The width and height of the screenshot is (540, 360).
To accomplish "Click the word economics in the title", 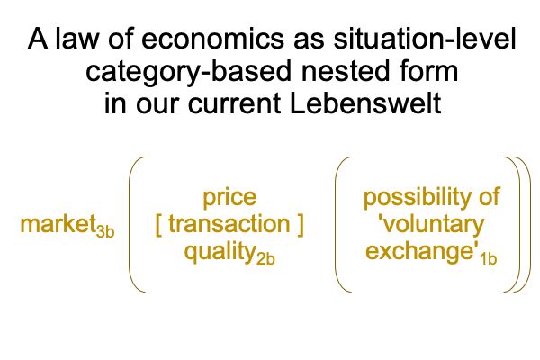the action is pyautogui.click(x=212, y=39).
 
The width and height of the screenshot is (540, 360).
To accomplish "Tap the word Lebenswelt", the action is pyautogui.click(x=365, y=103).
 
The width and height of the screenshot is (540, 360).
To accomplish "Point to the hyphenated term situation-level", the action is pyautogui.click(x=425, y=39).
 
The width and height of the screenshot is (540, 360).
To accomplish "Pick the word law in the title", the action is pyautogui.click(x=76, y=39).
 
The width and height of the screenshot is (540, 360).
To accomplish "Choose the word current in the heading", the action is pyautogui.click(x=234, y=103).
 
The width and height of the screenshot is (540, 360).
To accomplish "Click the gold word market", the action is pyautogui.click(x=58, y=224).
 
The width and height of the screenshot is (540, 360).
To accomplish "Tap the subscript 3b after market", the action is pyautogui.click(x=105, y=231).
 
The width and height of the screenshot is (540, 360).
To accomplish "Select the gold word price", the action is pyautogui.click(x=229, y=198).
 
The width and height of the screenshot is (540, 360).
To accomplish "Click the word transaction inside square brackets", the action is pyautogui.click(x=229, y=224).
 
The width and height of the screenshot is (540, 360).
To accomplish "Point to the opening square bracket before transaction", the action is pyautogui.click(x=158, y=225).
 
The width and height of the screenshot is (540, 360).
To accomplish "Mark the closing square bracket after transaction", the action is pyautogui.click(x=301, y=225).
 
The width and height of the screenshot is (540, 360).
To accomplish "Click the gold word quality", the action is pyautogui.click(x=220, y=253).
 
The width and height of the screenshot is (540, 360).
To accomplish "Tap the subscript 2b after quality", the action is pyautogui.click(x=265, y=258).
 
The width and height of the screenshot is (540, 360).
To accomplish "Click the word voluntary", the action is pyautogui.click(x=434, y=225).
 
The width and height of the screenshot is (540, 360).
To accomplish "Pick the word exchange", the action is pyautogui.click(x=420, y=251).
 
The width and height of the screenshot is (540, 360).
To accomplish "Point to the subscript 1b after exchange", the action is pyautogui.click(x=489, y=258).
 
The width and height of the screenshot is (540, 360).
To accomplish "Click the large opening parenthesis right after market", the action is pyautogui.click(x=130, y=225).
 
